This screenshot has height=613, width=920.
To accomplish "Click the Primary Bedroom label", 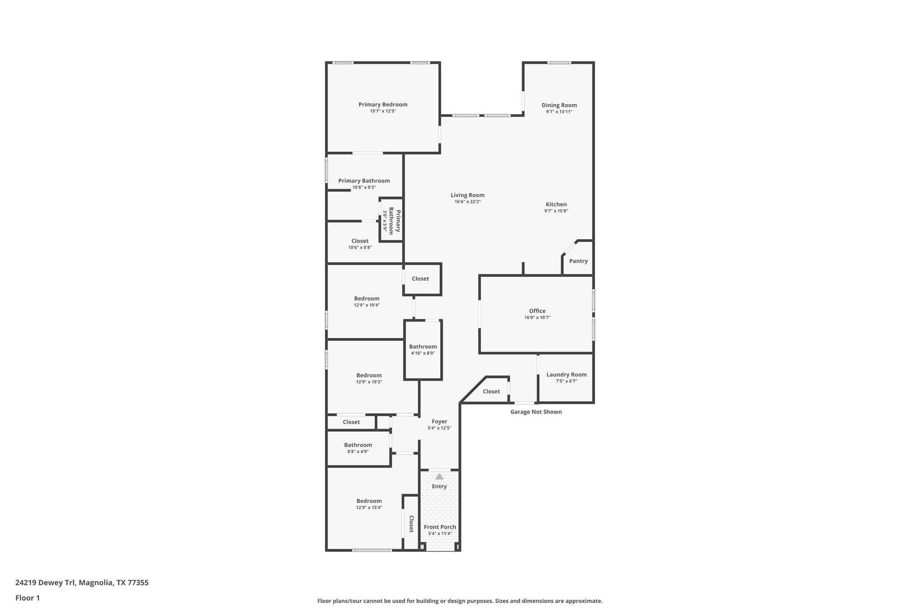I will coord(383,105).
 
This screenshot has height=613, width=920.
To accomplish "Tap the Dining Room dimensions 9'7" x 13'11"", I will coord(559,112).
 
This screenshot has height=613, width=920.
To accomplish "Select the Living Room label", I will coord(467,195).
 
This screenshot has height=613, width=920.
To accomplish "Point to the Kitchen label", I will coord(556,204).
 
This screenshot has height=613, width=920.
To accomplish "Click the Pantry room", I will coord(578,261).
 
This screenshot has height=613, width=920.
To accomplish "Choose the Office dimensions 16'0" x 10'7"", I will coord(537,318).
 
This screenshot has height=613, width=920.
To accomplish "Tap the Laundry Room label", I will coord(566,375).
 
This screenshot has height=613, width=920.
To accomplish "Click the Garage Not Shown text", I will coord(535,412).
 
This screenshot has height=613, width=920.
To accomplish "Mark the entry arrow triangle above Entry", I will coord(439,477).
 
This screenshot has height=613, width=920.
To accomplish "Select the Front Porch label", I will coord(440,527).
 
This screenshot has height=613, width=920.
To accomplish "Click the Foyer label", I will coord(439,422).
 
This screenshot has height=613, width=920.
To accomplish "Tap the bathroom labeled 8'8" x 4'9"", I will coord(358,448).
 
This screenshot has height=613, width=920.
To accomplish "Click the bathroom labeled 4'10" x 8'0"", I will coord(423,349).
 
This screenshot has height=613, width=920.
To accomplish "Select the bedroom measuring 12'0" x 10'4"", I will coord(367,301).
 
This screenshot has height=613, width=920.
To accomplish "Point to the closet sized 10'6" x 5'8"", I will coord(360,244).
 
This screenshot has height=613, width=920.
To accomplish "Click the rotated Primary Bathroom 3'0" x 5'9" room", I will coord(391,220).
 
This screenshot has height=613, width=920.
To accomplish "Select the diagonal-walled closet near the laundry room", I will coord(491,392).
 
